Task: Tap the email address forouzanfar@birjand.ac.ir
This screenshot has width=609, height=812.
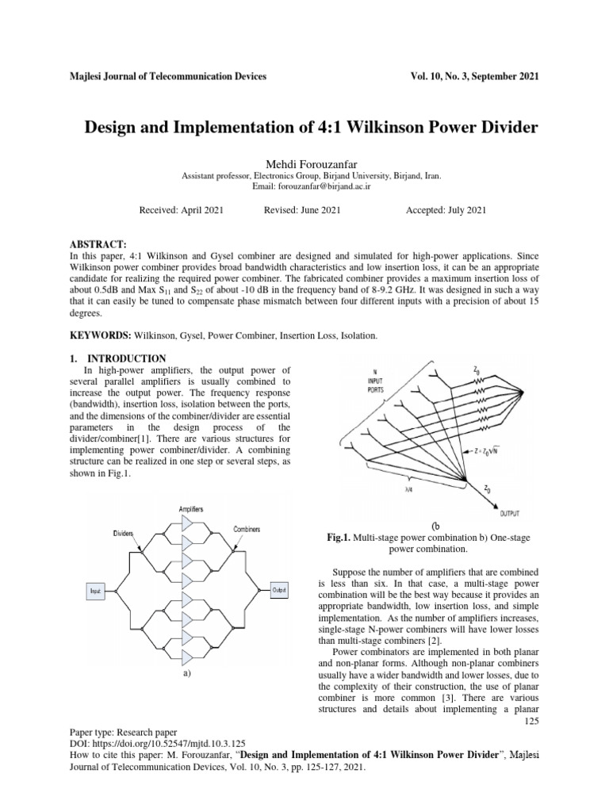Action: tap(322, 186)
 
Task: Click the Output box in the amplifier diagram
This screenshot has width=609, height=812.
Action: tap(279, 590)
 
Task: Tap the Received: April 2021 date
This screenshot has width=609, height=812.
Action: tap(182, 210)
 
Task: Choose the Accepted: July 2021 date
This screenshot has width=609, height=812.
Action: tap(446, 210)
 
